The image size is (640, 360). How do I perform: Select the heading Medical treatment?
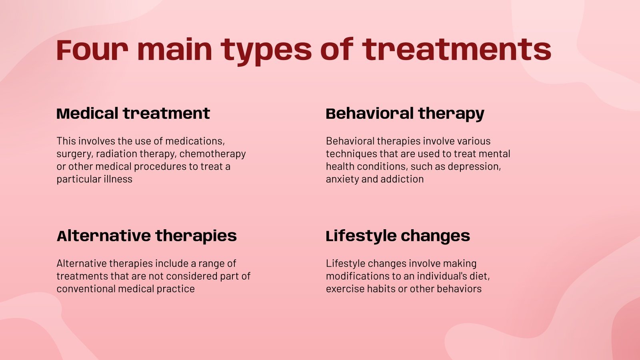pyautogui.click(x=134, y=113)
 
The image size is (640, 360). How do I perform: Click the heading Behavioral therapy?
pyautogui.click(x=405, y=114)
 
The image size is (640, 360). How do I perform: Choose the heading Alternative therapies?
pyautogui.click(x=146, y=236)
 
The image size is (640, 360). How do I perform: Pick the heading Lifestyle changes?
pyautogui.click(x=398, y=236)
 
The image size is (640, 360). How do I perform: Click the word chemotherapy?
pyautogui.click(x=212, y=154)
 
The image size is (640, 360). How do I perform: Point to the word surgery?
pyautogui.click(x=74, y=154)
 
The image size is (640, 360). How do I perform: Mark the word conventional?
pyautogui.click(x=86, y=289)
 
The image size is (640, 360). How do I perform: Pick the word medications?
pyautogui.click(x=195, y=142)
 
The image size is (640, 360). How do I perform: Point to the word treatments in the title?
pyautogui.click(x=456, y=50)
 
